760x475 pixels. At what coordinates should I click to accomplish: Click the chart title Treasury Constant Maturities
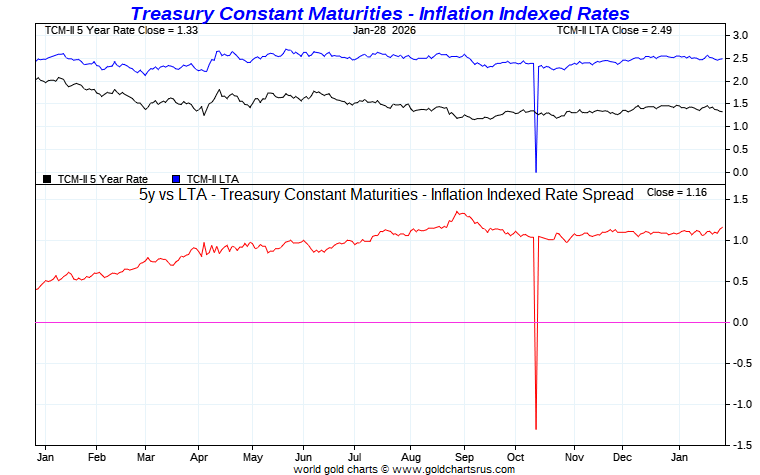pyautogui.click(x=380, y=13)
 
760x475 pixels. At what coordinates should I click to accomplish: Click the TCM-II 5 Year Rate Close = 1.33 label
pyautogui.click(x=111, y=31)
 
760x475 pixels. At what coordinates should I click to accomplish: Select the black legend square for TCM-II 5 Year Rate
pyautogui.click(x=47, y=179)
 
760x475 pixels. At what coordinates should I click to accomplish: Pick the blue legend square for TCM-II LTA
pyautogui.click(x=177, y=179)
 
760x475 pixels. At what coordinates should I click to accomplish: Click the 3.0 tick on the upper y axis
pyautogui.click(x=740, y=35)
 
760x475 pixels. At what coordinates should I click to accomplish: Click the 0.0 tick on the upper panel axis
pyautogui.click(x=740, y=172)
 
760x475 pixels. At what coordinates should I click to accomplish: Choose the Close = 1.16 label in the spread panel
pyautogui.click(x=677, y=191)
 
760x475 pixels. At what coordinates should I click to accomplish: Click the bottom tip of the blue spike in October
pyautogui.click(x=536, y=171)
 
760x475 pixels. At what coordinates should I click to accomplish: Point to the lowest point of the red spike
pyautogui.click(x=536, y=429)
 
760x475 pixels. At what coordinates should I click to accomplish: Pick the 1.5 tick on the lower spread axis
pyautogui.click(x=740, y=199)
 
